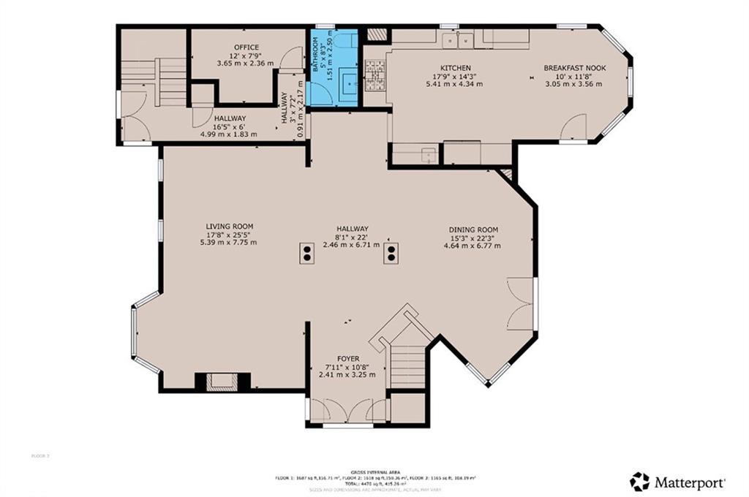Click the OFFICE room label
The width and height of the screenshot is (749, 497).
(x=246, y=48)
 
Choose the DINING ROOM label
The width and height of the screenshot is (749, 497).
(x=473, y=229)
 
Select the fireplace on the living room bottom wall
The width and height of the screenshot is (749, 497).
(x=222, y=381)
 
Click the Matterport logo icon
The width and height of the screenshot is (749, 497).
(x=639, y=481)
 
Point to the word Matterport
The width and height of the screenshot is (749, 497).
(x=689, y=482)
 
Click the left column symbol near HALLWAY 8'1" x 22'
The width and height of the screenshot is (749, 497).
(x=307, y=254)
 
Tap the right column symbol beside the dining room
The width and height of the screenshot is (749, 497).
(x=392, y=254)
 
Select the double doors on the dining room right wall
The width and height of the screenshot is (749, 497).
(x=522, y=303)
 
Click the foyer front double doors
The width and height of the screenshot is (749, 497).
(x=347, y=411)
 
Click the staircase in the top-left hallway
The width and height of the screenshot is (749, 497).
(x=170, y=80)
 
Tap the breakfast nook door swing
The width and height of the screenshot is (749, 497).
(x=574, y=129)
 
